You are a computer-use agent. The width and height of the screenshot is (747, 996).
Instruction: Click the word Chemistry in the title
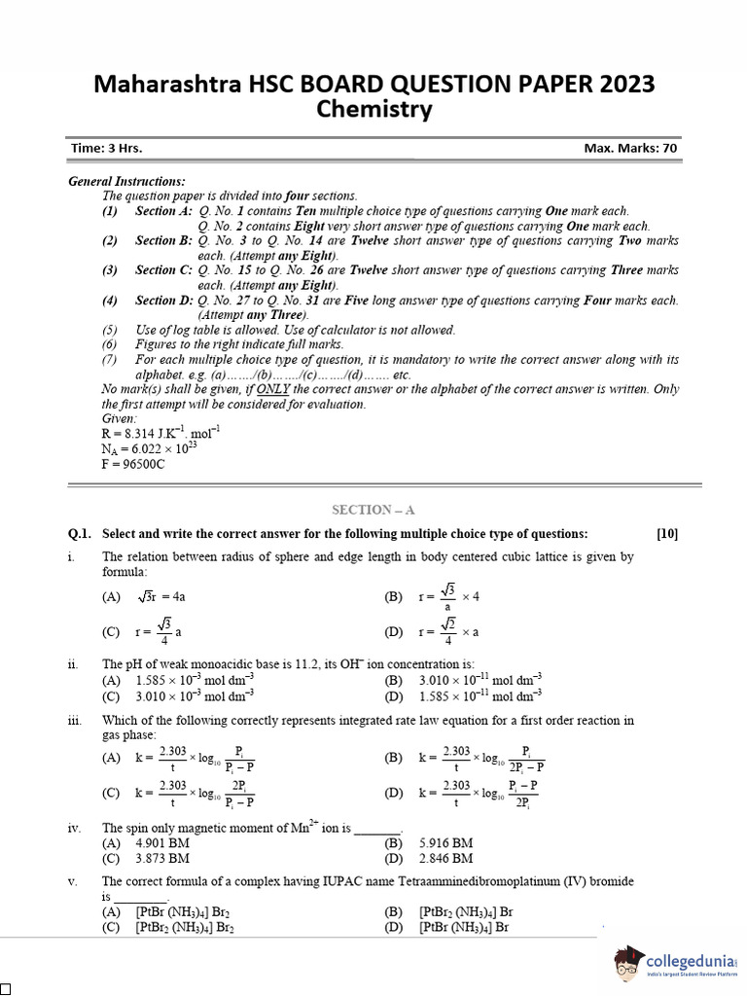(374, 110)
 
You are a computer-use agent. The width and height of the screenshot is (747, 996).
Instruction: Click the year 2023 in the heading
(620, 85)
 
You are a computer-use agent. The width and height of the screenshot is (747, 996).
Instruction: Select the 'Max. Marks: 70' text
(630, 149)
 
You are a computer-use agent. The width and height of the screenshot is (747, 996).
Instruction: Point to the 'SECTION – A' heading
(373, 509)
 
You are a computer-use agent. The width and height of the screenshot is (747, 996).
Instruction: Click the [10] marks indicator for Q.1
(667, 533)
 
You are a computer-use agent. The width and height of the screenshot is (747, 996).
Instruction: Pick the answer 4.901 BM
(162, 843)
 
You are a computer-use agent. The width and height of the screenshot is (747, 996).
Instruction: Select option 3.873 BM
(162, 859)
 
